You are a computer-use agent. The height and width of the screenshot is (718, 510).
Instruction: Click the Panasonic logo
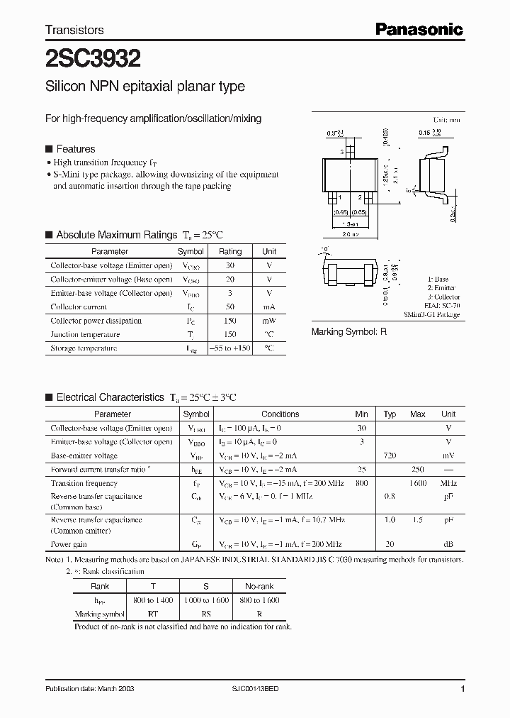pos(418,29)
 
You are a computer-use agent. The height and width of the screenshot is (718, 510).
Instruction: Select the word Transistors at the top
pos(74,30)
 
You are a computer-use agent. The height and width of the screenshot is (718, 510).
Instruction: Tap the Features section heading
pos(75,149)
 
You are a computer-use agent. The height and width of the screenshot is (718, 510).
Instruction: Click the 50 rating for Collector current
pos(230,307)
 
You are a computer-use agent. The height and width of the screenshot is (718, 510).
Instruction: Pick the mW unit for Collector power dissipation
pos(269,321)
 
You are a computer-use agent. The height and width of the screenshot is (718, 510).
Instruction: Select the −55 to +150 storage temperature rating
pos(230,348)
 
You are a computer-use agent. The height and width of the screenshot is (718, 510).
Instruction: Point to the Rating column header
pos(230,251)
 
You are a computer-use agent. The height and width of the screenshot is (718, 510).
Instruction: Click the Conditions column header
pos(280,414)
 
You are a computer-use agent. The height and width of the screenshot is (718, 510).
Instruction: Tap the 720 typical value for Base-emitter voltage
pos(390,456)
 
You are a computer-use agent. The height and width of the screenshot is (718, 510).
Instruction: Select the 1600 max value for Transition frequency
pos(418,484)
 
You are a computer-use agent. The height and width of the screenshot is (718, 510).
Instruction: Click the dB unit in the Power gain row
pos(448,545)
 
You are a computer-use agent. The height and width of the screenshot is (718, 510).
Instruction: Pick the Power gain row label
pos(69,545)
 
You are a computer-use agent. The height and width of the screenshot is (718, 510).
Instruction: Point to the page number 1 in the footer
pos(463,689)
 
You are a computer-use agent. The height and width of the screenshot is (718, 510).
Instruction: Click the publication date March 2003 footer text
pos(90,689)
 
